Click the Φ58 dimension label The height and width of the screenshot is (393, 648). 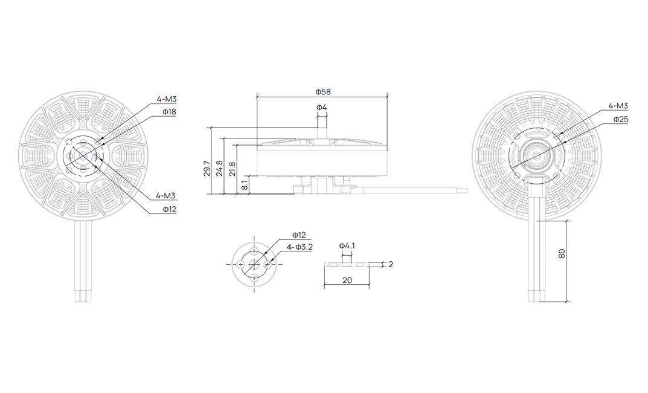click(322, 91)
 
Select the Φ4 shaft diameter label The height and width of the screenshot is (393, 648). click(322, 108)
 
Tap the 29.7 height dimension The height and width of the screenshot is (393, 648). click(207, 169)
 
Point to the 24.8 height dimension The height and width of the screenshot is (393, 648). click(219, 169)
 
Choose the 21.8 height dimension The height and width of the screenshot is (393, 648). click(233, 169)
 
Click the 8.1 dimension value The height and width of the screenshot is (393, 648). click(245, 184)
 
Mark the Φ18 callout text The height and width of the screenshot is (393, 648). click(169, 112)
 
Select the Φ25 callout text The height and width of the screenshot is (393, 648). click(621, 119)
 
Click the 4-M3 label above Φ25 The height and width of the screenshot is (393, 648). click(618, 106)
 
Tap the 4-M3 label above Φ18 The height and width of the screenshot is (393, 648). click(167, 99)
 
